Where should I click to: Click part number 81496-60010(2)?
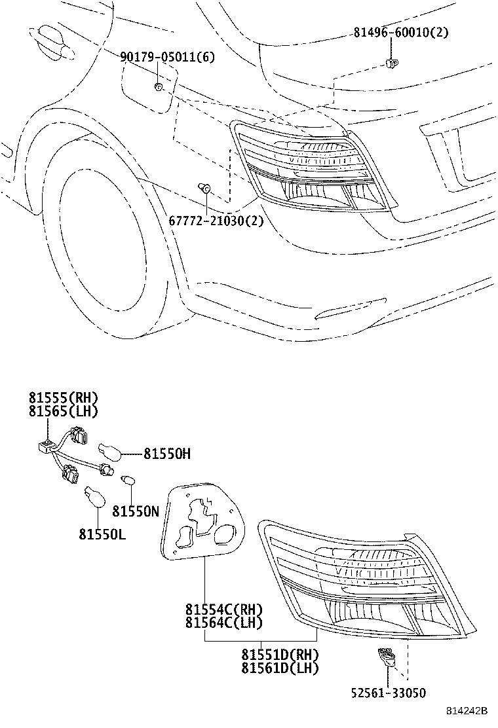click(x=401, y=32)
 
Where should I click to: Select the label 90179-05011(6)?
click(x=167, y=57)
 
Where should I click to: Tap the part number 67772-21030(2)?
click(x=216, y=221)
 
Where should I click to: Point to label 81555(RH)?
click(x=64, y=397)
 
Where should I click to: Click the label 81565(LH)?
click(x=64, y=411)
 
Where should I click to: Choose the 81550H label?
click(x=167, y=454)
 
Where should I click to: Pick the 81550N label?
click(x=136, y=511)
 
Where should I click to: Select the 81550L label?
click(x=102, y=534)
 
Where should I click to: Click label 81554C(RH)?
click(x=224, y=609)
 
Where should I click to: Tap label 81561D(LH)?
click(x=280, y=668)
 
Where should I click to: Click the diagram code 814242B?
click(x=467, y=711)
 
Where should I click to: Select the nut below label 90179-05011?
click(x=158, y=86)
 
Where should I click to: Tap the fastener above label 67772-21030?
click(x=204, y=187)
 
